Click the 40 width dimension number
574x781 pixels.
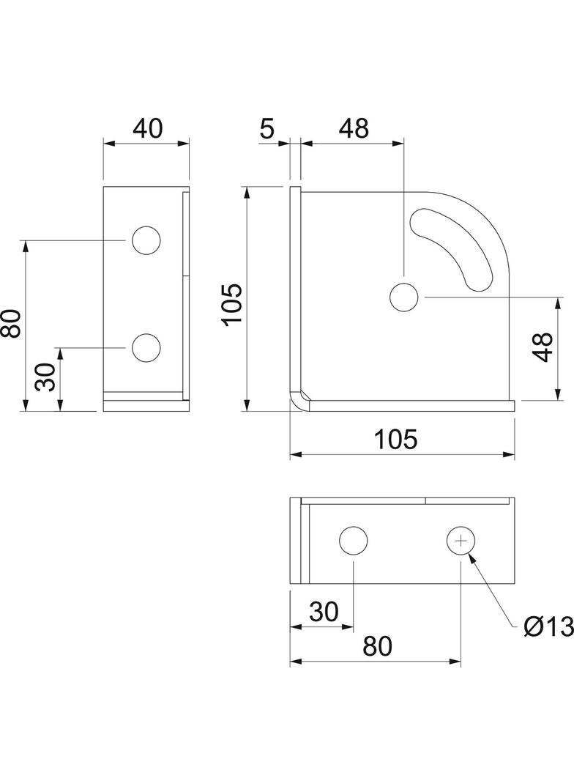[x=148, y=128]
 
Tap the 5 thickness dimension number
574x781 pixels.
[x=267, y=129]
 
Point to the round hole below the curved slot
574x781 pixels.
[x=403, y=297]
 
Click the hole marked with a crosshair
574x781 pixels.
[x=461, y=541]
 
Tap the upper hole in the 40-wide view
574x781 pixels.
[x=146, y=240]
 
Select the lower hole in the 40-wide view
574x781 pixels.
[x=146, y=348]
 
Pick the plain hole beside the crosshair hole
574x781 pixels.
[x=354, y=541]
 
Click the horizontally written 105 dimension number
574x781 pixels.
[x=396, y=440]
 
